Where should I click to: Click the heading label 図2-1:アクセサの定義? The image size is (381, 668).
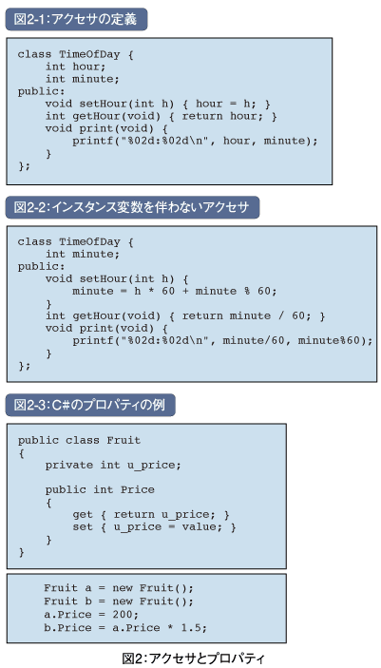point(76,19)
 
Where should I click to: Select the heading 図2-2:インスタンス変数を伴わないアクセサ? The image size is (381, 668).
point(132,207)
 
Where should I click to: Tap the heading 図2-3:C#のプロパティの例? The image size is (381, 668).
point(90,405)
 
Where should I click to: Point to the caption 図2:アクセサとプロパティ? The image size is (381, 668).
point(193,658)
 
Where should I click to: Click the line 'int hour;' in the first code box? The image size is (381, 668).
point(75,67)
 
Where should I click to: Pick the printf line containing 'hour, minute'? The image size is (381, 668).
point(195,141)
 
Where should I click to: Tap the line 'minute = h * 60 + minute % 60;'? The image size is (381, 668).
point(175,292)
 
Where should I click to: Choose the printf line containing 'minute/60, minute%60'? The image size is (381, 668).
point(222,341)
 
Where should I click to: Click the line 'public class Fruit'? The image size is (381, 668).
point(79,440)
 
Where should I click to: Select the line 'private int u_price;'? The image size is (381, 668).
point(113,465)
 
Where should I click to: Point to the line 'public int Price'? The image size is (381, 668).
point(100,490)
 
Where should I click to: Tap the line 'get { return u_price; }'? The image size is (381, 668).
point(151,515)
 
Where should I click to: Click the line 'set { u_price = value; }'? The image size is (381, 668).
point(154,527)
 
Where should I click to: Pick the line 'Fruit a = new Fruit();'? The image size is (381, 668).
point(119,588)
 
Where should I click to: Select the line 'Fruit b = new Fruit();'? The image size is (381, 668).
point(119,601)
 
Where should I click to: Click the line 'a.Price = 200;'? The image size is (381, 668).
point(91,615)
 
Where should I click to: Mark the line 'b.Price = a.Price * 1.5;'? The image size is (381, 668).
point(125,628)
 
